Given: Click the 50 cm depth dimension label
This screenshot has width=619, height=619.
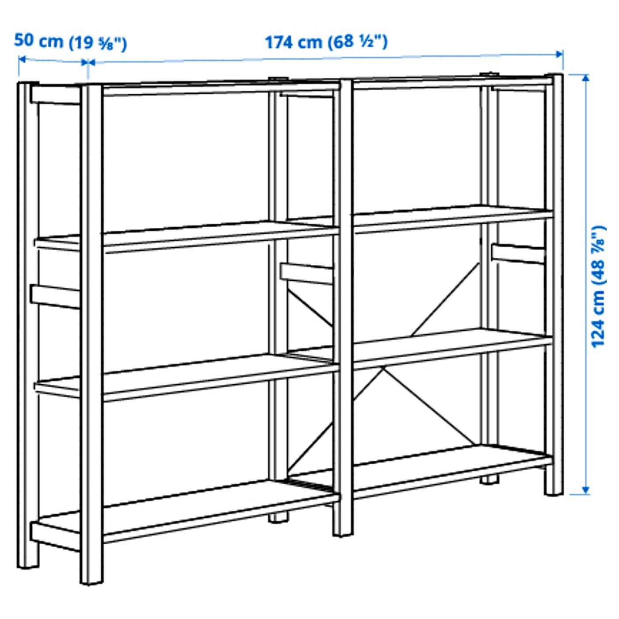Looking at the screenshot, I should pos(71,42).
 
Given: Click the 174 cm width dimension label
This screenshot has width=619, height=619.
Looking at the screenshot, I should pos(326,42).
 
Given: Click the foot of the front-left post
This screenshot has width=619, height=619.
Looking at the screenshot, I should pos(92,577).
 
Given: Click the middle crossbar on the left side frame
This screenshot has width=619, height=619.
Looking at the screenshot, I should pos(55,296).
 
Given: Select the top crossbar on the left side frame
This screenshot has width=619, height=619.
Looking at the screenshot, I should pos(55,95).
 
